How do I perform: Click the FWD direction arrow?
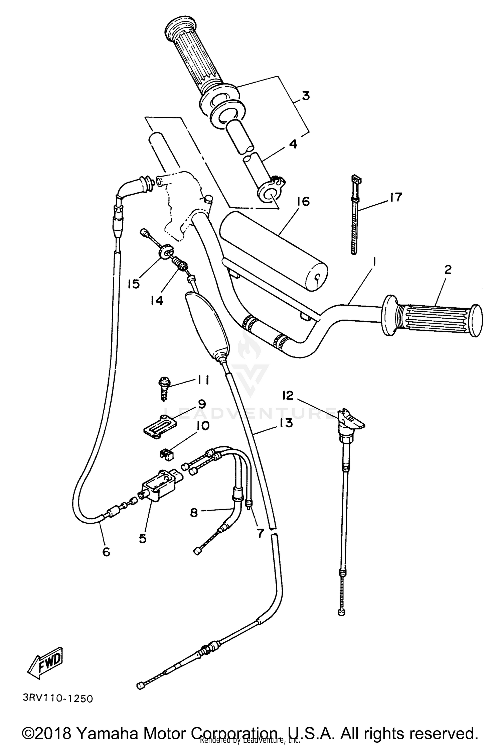pyautogui.click(x=45, y=661)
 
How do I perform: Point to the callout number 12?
pyautogui.click(x=288, y=396)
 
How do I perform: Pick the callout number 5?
pyautogui.click(x=143, y=538)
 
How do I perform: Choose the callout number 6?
pyautogui.click(x=106, y=552)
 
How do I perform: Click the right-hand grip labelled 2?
pyautogui.click(x=434, y=315)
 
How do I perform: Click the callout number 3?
pyautogui.click(x=305, y=96)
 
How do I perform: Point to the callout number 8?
pyautogui.click(x=194, y=513)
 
